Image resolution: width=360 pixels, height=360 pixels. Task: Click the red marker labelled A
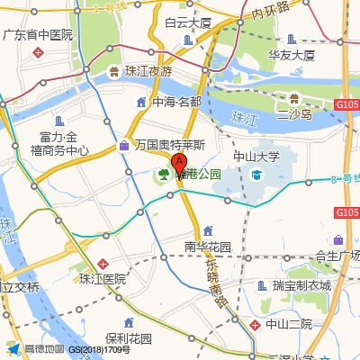coord(178,165)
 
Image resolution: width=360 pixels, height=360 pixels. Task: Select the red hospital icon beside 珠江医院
coord(103,264)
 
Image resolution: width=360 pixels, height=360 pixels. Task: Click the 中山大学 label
coord(256,156)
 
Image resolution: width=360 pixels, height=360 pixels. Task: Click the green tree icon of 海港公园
coord(164,174)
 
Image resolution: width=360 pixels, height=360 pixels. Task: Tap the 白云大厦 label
coord(187,22)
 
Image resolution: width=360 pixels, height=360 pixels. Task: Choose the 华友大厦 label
coord(292,55)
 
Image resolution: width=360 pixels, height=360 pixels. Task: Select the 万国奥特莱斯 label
coord(170,144)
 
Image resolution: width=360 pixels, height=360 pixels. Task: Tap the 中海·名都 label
coord(176,102)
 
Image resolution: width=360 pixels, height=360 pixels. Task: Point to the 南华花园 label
coord(208,246)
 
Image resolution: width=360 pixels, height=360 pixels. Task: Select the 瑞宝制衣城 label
coord(301,285)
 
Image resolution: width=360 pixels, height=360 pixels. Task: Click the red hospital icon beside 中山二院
coord(256,323)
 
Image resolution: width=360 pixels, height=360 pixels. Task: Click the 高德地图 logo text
coord(44,348)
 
